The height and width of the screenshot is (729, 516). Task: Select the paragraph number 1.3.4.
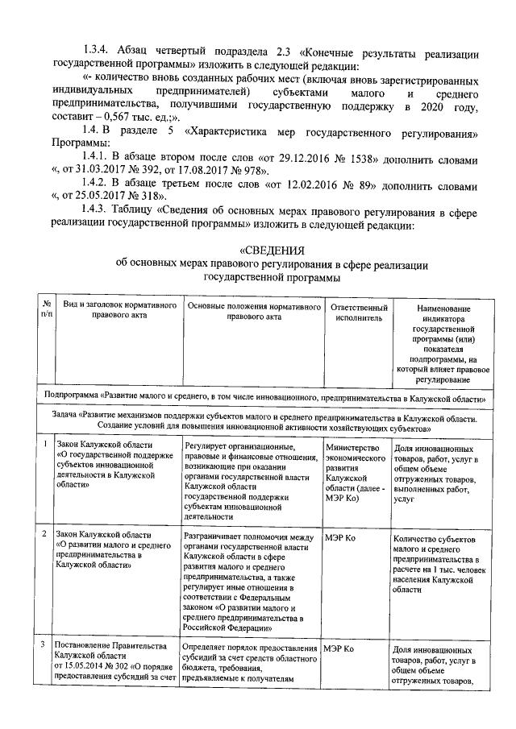(100, 46)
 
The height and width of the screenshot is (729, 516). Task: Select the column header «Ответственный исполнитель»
(354, 312)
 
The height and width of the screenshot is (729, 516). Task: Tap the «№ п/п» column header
(47, 310)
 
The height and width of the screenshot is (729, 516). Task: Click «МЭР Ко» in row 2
(339, 536)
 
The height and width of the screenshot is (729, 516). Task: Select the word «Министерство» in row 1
(351, 447)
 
